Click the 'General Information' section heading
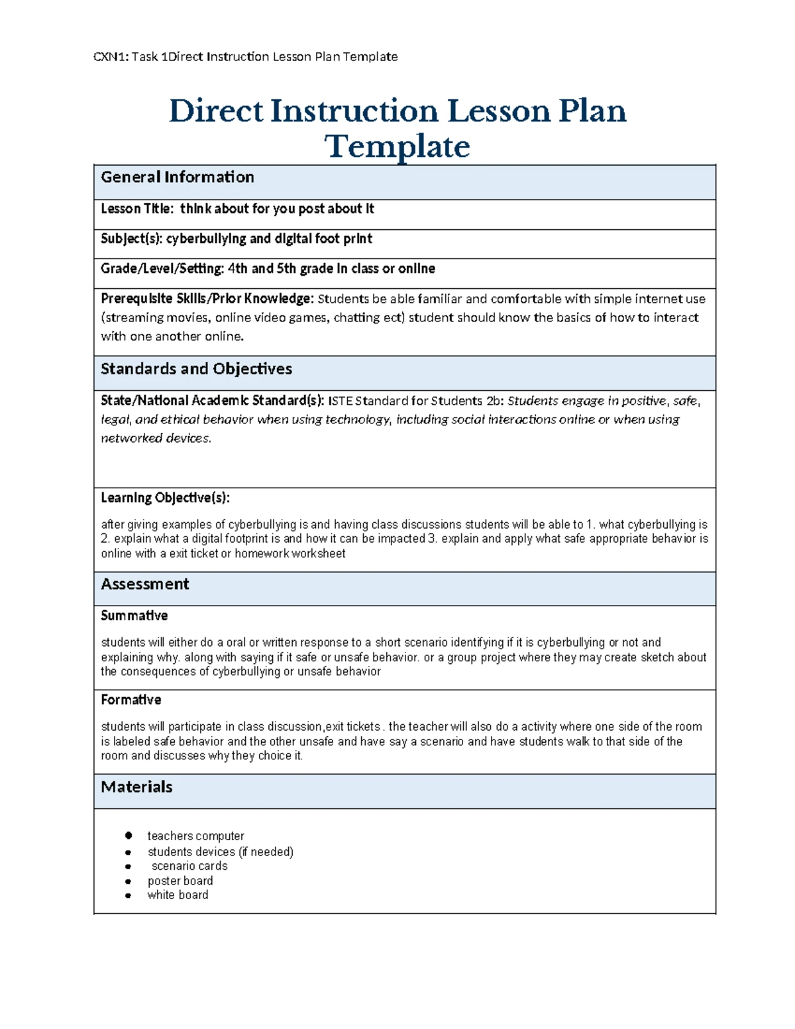click(177, 177)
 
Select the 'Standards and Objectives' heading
click(196, 368)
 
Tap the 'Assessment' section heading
click(144, 584)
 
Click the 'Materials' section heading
click(136, 786)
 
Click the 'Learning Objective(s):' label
click(165, 498)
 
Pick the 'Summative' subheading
click(134, 616)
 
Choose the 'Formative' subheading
click(131, 700)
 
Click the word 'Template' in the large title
click(397, 146)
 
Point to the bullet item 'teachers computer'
click(195, 836)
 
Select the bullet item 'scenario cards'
click(189, 866)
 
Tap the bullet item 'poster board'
click(180, 881)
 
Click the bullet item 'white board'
click(178, 895)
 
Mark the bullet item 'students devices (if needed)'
click(220, 851)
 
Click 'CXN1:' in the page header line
click(111, 57)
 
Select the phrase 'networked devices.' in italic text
click(156, 438)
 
